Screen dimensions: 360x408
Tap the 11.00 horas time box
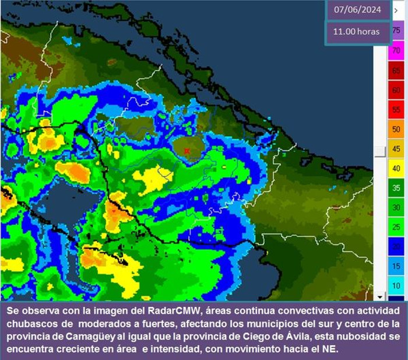(357, 32)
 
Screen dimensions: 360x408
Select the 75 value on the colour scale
(396, 30)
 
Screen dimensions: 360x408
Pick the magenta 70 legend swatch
(396, 51)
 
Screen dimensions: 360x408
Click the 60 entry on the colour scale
(396, 90)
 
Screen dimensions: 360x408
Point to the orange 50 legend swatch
(396, 129)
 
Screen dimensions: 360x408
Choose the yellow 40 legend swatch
(396, 168)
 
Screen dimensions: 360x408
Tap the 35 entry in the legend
(396, 188)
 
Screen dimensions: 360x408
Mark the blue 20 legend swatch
(396, 246)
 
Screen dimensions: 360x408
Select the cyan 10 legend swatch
(396, 285)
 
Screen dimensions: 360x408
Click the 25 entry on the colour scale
(396, 226)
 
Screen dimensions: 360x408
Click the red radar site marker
(187, 151)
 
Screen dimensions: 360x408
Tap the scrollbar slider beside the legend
(379, 152)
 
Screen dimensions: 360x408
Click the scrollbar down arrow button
(379, 296)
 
